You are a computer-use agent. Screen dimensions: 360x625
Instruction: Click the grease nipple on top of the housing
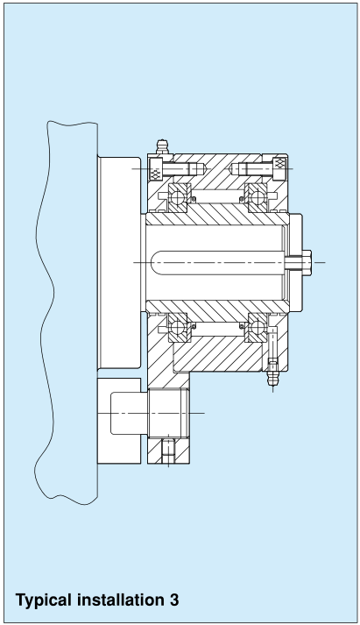[162, 146]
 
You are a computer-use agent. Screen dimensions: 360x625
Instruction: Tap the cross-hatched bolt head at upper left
[155, 168]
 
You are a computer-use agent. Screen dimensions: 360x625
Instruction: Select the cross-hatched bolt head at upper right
[280, 168]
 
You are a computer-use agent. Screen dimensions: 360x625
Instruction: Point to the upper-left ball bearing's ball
[178, 196]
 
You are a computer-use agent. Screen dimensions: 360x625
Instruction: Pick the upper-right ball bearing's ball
[258, 196]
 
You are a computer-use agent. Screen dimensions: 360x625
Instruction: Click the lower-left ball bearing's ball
[178, 327]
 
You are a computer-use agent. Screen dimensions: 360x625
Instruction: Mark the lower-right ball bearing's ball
[258, 327]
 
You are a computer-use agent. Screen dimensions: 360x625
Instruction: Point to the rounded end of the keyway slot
[155, 263]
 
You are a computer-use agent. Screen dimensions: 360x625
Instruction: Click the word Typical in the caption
[44, 600]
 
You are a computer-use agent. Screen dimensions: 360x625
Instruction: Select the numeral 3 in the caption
[173, 600]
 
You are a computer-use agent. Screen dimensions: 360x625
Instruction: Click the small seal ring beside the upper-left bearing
[194, 199]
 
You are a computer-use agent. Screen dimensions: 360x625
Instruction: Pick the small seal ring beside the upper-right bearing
[242, 199]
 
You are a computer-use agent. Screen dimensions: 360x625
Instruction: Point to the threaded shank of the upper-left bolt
[184, 168]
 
